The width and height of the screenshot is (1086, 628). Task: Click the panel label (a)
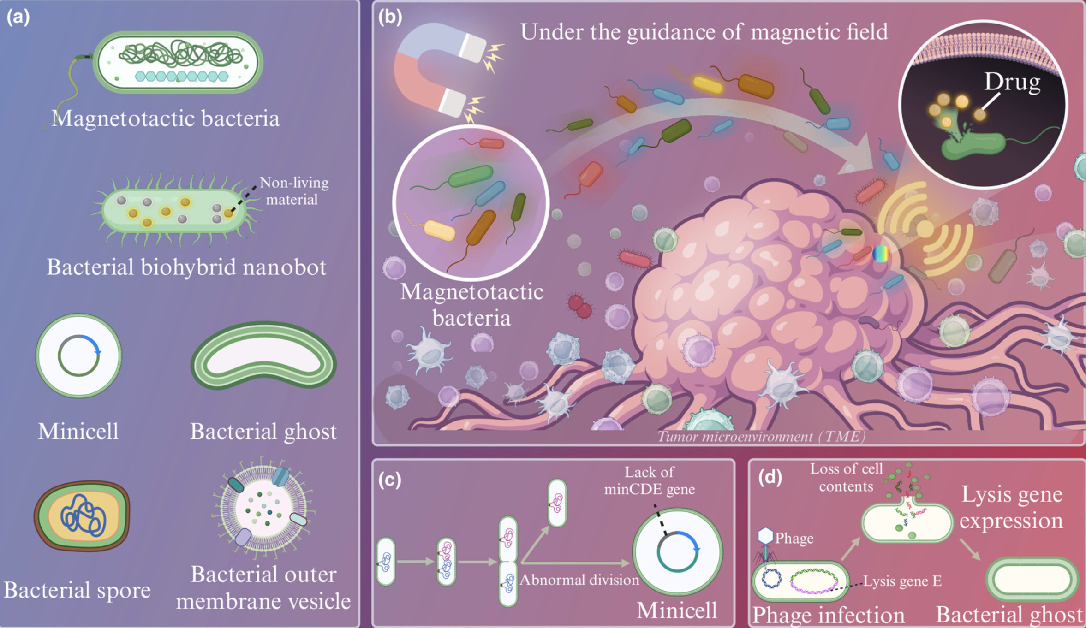click(x=18, y=17)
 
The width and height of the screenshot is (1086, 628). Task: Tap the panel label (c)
click(x=389, y=480)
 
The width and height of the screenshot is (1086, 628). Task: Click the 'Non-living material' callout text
click(x=293, y=191)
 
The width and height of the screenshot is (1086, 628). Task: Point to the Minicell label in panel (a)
click(x=78, y=432)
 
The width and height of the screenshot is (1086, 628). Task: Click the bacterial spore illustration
click(x=82, y=515)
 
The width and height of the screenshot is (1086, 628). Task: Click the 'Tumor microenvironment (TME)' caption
click(x=761, y=437)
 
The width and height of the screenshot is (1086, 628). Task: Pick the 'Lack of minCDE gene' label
click(x=649, y=480)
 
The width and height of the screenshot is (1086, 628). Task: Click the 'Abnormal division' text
click(x=579, y=580)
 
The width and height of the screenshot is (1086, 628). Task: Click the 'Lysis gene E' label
click(x=902, y=581)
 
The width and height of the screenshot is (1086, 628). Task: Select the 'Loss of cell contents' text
click(x=846, y=477)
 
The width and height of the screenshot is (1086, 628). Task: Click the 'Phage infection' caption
click(x=828, y=615)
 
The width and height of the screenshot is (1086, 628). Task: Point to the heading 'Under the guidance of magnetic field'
click(x=704, y=32)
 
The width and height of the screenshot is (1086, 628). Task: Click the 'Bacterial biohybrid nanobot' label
click(x=186, y=267)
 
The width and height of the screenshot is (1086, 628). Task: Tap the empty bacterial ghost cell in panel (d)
click(x=1032, y=580)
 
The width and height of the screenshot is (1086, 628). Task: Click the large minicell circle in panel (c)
click(x=677, y=551)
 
